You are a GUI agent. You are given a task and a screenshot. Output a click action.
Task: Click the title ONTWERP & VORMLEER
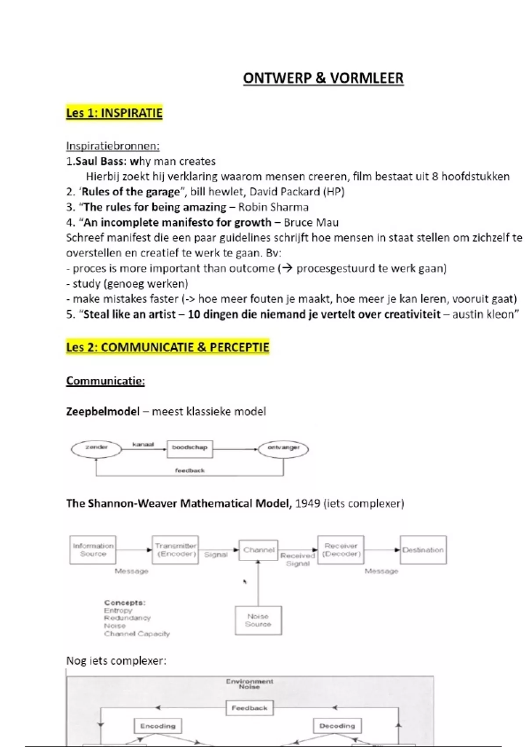pyautogui.click(x=323, y=78)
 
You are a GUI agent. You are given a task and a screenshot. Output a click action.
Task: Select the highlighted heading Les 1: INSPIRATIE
pyautogui.click(x=114, y=113)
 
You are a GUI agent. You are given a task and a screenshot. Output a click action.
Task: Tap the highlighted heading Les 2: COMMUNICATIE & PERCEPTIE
pyautogui.click(x=167, y=347)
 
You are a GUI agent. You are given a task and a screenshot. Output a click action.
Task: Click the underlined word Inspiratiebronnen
pyautogui.click(x=112, y=146)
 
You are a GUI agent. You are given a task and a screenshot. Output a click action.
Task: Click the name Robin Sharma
pyautogui.click(x=273, y=207)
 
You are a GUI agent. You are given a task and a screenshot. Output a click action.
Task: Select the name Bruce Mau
pyautogui.click(x=311, y=222)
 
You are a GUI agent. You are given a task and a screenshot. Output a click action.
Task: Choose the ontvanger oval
pyautogui.click(x=283, y=449)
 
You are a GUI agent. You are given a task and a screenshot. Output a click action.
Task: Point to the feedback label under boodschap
pyautogui.click(x=190, y=471)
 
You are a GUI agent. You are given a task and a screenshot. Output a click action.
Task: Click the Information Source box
pyautogui.click(x=93, y=550)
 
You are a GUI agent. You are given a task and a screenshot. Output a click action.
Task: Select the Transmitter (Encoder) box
pyautogui.click(x=175, y=550)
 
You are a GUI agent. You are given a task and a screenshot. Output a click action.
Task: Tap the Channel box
pyautogui.click(x=258, y=550)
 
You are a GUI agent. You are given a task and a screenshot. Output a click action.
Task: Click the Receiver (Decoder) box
pyautogui.click(x=341, y=550)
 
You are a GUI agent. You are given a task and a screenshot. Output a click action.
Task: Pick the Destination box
pyautogui.click(x=423, y=550)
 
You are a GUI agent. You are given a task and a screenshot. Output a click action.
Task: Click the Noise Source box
pyautogui.click(x=258, y=620)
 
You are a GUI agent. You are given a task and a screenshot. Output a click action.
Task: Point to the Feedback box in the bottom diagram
pyautogui.click(x=249, y=708)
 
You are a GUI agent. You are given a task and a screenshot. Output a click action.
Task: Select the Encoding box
pyautogui.click(x=158, y=726)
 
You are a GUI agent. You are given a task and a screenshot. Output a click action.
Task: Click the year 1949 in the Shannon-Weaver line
pyautogui.click(x=307, y=504)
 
